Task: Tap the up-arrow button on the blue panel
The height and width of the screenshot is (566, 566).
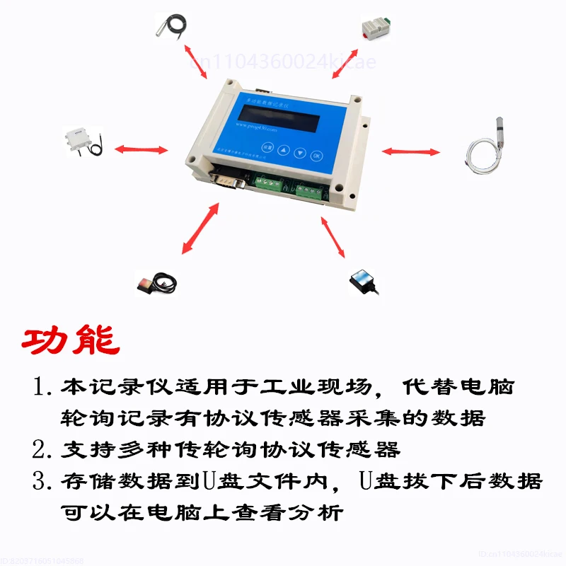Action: (283, 150)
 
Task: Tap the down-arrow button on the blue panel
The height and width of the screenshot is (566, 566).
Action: (300, 152)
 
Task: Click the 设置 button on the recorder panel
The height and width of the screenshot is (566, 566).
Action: (267, 148)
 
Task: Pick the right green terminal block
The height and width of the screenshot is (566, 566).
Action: (309, 190)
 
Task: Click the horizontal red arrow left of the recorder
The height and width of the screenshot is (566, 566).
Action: (141, 149)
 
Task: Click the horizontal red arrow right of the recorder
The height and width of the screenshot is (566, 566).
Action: (411, 151)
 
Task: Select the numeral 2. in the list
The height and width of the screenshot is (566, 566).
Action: (42, 449)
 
